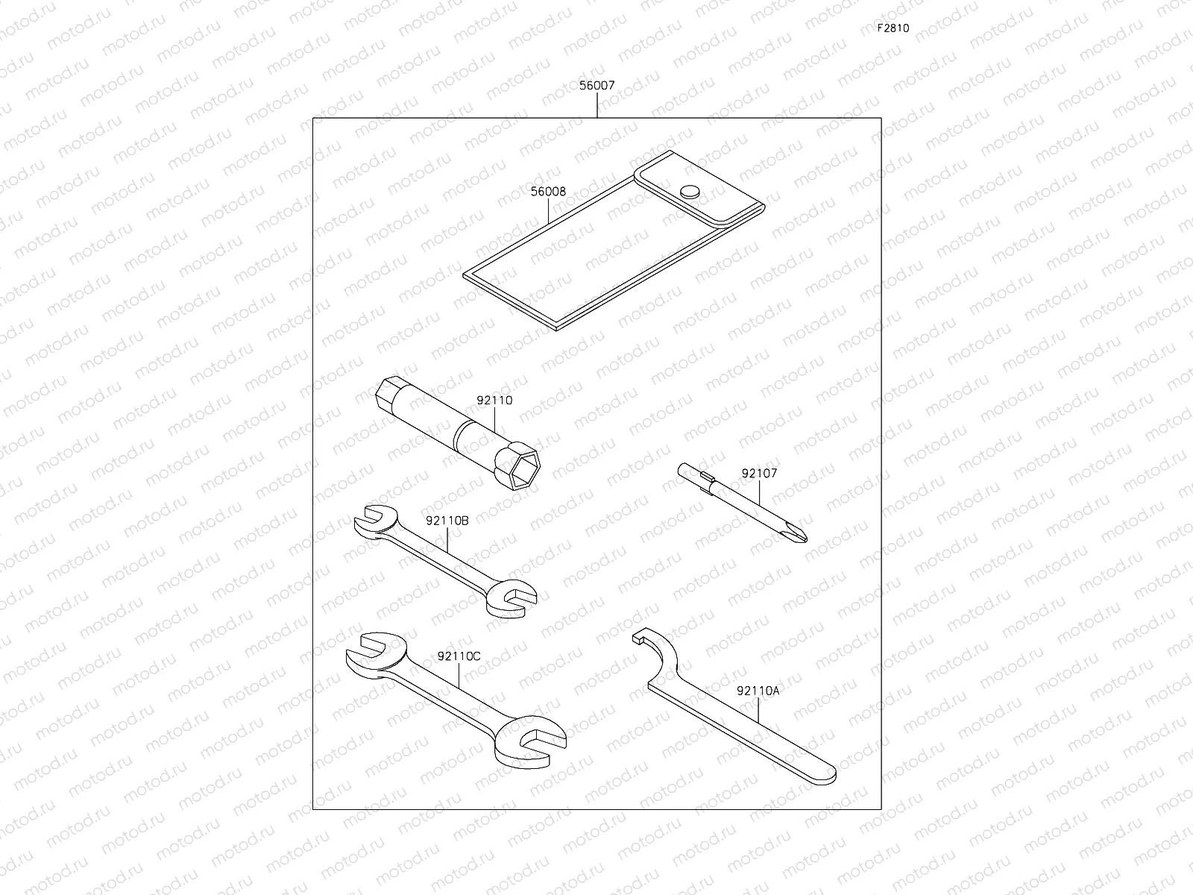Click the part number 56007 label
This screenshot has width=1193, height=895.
[x=596, y=86]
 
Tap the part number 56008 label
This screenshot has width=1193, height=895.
[x=548, y=192]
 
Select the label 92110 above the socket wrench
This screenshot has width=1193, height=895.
[x=494, y=401]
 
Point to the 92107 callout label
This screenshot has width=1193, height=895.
[x=759, y=473]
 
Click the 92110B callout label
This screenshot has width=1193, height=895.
[x=447, y=521]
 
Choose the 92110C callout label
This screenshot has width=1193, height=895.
[x=459, y=656]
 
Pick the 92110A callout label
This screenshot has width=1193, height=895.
[x=758, y=691]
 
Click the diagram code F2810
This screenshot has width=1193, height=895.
[x=893, y=29]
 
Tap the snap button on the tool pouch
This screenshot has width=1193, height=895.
[x=690, y=192]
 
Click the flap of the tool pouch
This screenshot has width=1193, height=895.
[x=701, y=197]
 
